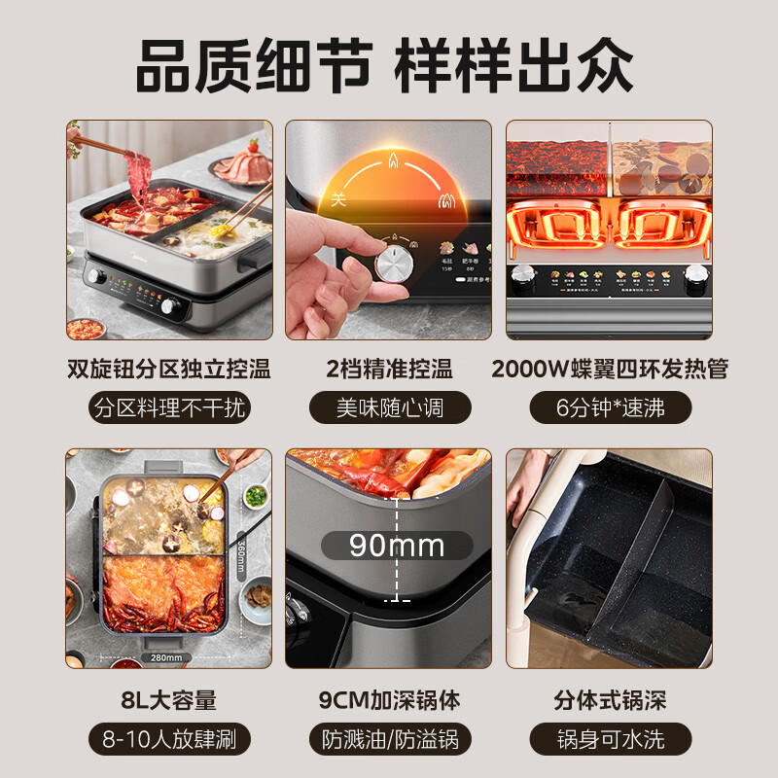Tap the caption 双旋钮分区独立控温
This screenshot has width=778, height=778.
coord(168,369)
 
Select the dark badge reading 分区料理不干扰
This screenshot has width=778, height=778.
coord(168,407)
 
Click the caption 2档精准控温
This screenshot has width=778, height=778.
coord(389,369)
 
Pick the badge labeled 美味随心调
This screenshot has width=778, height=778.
coord(389,407)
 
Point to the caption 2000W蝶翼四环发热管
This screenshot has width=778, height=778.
coord(610,369)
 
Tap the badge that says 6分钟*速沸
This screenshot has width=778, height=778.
coord(610,407)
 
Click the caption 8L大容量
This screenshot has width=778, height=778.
coord(168,699)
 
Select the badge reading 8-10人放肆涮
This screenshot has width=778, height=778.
coord(168,738)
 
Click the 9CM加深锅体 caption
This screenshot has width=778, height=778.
coord(389,699)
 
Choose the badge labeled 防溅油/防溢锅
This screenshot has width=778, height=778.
coord(389,738)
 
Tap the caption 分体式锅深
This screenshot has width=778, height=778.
coord(610,699)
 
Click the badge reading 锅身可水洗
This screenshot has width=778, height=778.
coord(610,738)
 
